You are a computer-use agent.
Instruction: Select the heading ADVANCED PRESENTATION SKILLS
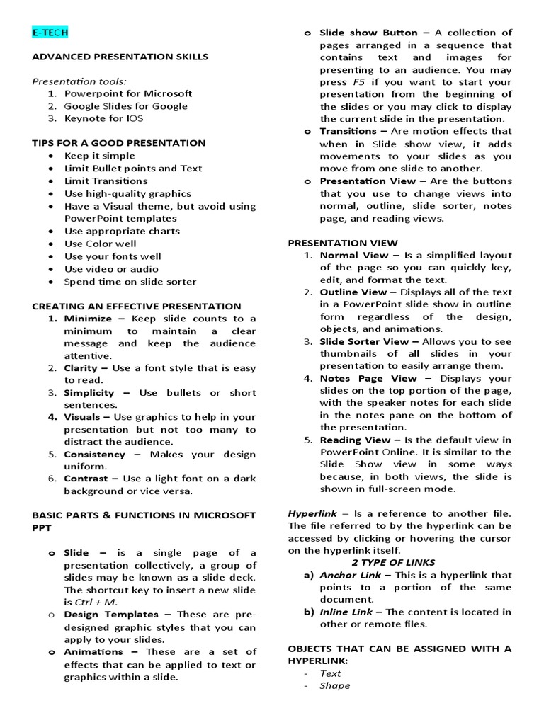tap(120, 56)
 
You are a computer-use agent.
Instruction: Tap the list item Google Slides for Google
tap(125, 106)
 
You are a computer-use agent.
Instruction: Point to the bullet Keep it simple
tap(99, 156)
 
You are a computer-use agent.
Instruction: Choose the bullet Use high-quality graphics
tap(127, 193)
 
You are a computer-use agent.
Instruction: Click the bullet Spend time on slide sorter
tap(130, 282)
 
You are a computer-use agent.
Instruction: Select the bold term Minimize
tap(88, 319)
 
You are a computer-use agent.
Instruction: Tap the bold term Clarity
tap(81, 368)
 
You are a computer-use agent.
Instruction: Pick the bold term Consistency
tap(94, 454)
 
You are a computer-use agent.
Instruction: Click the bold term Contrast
tap(86, 479)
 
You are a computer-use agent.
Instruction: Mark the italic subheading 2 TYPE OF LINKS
tap(400, 563)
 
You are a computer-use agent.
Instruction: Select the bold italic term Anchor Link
tap(352, 575)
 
